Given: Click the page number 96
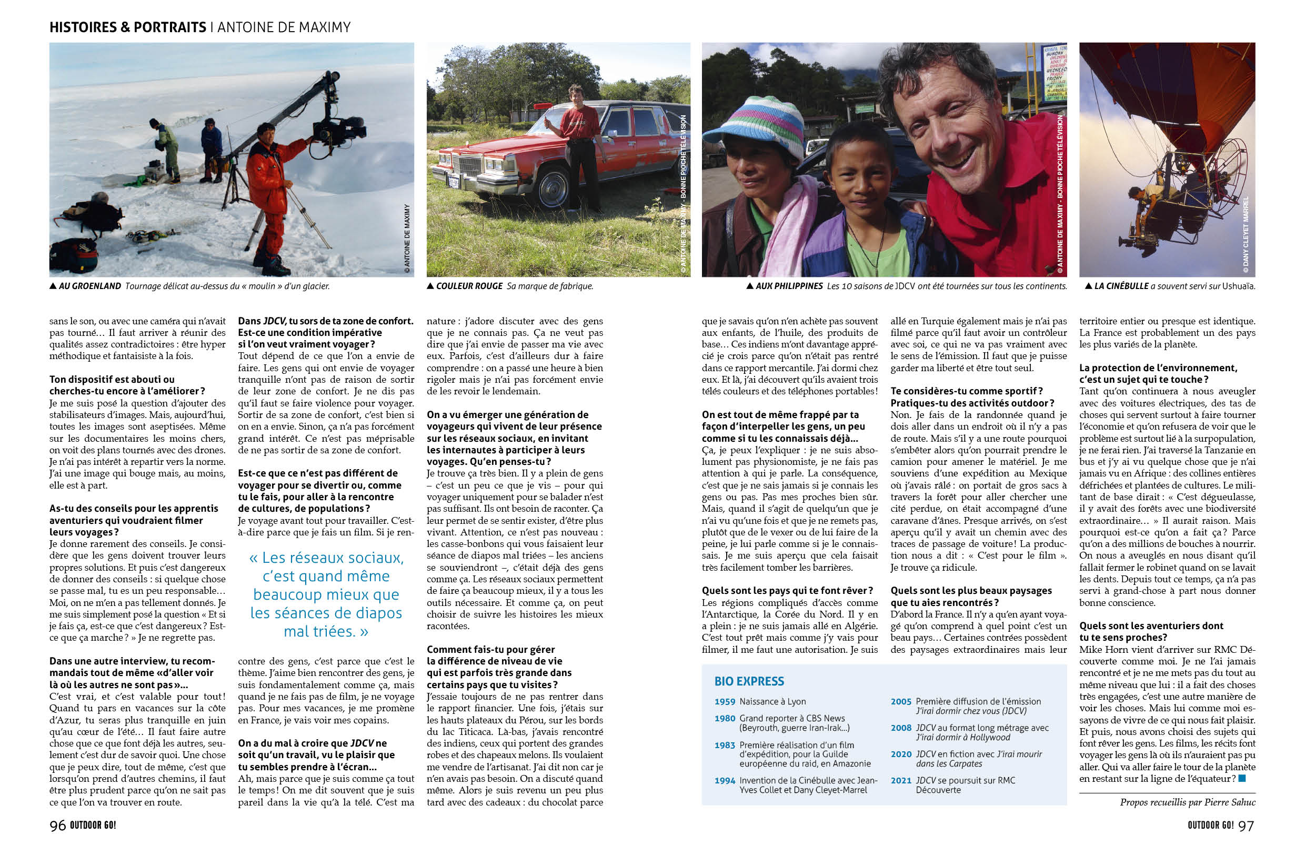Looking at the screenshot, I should [x=57, y=826].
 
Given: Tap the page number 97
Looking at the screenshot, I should [x=1247, y=826].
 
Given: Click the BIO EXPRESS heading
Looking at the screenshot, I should [x=749, y=681].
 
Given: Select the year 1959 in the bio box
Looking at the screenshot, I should [x=725, y=701].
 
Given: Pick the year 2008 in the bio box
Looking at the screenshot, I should [x=901, y=728].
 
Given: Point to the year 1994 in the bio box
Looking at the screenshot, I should [x=725, y=780].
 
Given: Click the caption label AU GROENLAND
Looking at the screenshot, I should [x=89, y=286].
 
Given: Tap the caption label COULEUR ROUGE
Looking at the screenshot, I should [x=469, y=286].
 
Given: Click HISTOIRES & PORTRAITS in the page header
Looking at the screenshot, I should [x=128, y=27].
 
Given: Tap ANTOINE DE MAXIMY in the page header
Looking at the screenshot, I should [x=284, y=27].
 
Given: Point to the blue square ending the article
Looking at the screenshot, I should [x=1242, y=778].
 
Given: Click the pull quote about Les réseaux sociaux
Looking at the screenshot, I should [x=326, y=594].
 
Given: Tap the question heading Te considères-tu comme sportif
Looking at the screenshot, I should [x=967, y=391].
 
